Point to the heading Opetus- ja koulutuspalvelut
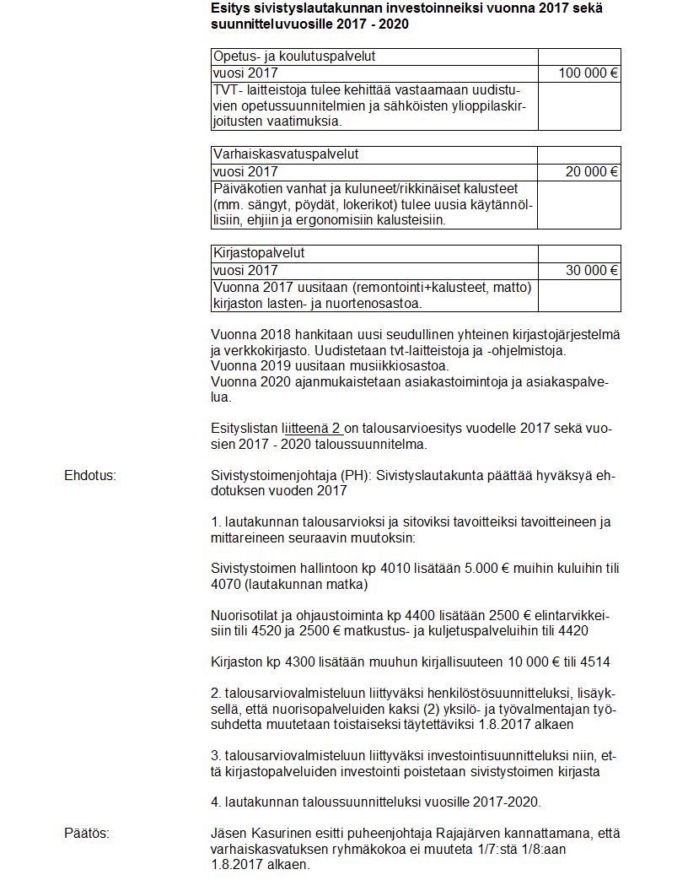pyautogui.click(x=294, y=57)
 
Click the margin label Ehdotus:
pyautogui.click(x=90, y=477)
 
